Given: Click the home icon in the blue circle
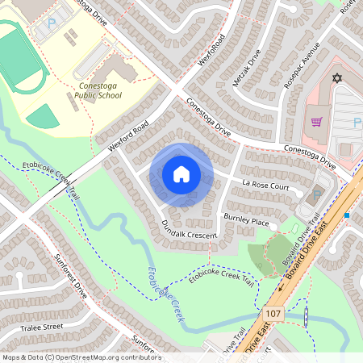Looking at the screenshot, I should click(181, 173).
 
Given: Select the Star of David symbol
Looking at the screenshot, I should click(338, 81).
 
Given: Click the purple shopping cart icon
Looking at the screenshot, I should click(317, 122).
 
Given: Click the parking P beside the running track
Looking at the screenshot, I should click(52, 24).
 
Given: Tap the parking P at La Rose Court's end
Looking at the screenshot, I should click(317, 194).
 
